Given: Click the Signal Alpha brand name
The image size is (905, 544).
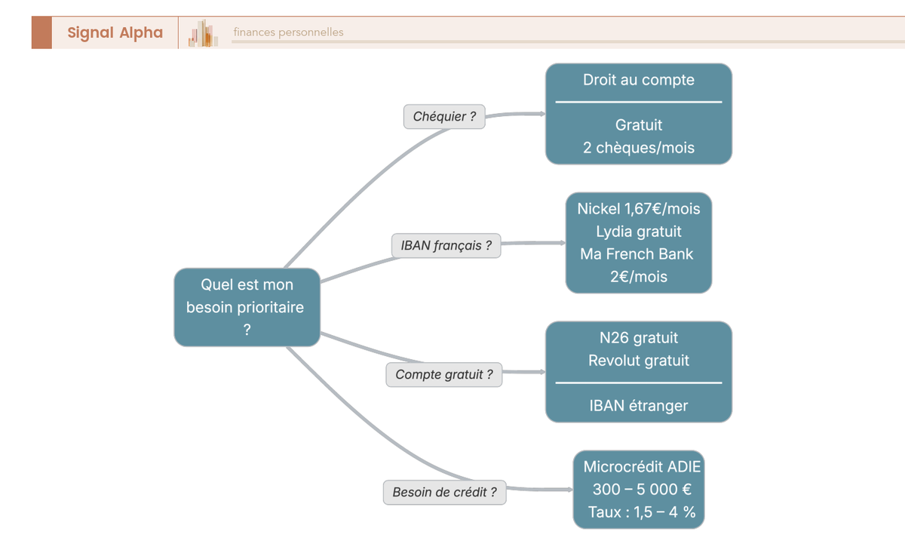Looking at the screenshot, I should point(115,32).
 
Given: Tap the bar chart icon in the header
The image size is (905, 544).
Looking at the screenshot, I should point(204,33).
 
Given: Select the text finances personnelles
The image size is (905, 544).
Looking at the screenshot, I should point(288,32).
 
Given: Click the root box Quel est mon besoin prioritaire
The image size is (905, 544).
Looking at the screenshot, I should point(247,307).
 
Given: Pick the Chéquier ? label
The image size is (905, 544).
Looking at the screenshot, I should point(444,116).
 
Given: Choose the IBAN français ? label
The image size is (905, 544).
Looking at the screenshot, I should point(446,245).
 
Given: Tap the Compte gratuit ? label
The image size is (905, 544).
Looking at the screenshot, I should point(443,374).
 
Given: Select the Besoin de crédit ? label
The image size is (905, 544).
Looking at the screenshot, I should point(444,493).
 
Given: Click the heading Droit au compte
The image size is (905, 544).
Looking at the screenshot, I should point(638,80).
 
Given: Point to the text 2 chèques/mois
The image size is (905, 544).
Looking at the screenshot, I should point(638,148).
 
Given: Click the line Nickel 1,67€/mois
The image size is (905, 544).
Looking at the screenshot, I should point(638,208).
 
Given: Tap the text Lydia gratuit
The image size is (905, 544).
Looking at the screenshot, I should point(638,231).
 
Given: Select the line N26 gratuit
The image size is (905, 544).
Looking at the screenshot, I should point(638,338).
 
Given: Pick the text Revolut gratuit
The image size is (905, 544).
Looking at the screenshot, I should point(638,361).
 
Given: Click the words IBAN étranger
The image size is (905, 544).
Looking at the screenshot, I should point(638,406).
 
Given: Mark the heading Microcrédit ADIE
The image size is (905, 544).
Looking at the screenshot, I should point(642,466).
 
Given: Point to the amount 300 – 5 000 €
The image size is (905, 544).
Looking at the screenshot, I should point(642,490).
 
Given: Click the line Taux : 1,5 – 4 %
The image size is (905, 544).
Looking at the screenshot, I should point(642,513).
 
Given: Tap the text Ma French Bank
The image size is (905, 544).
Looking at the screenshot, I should point(636,254).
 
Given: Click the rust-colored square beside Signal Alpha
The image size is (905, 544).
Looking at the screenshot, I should point(41,32).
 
